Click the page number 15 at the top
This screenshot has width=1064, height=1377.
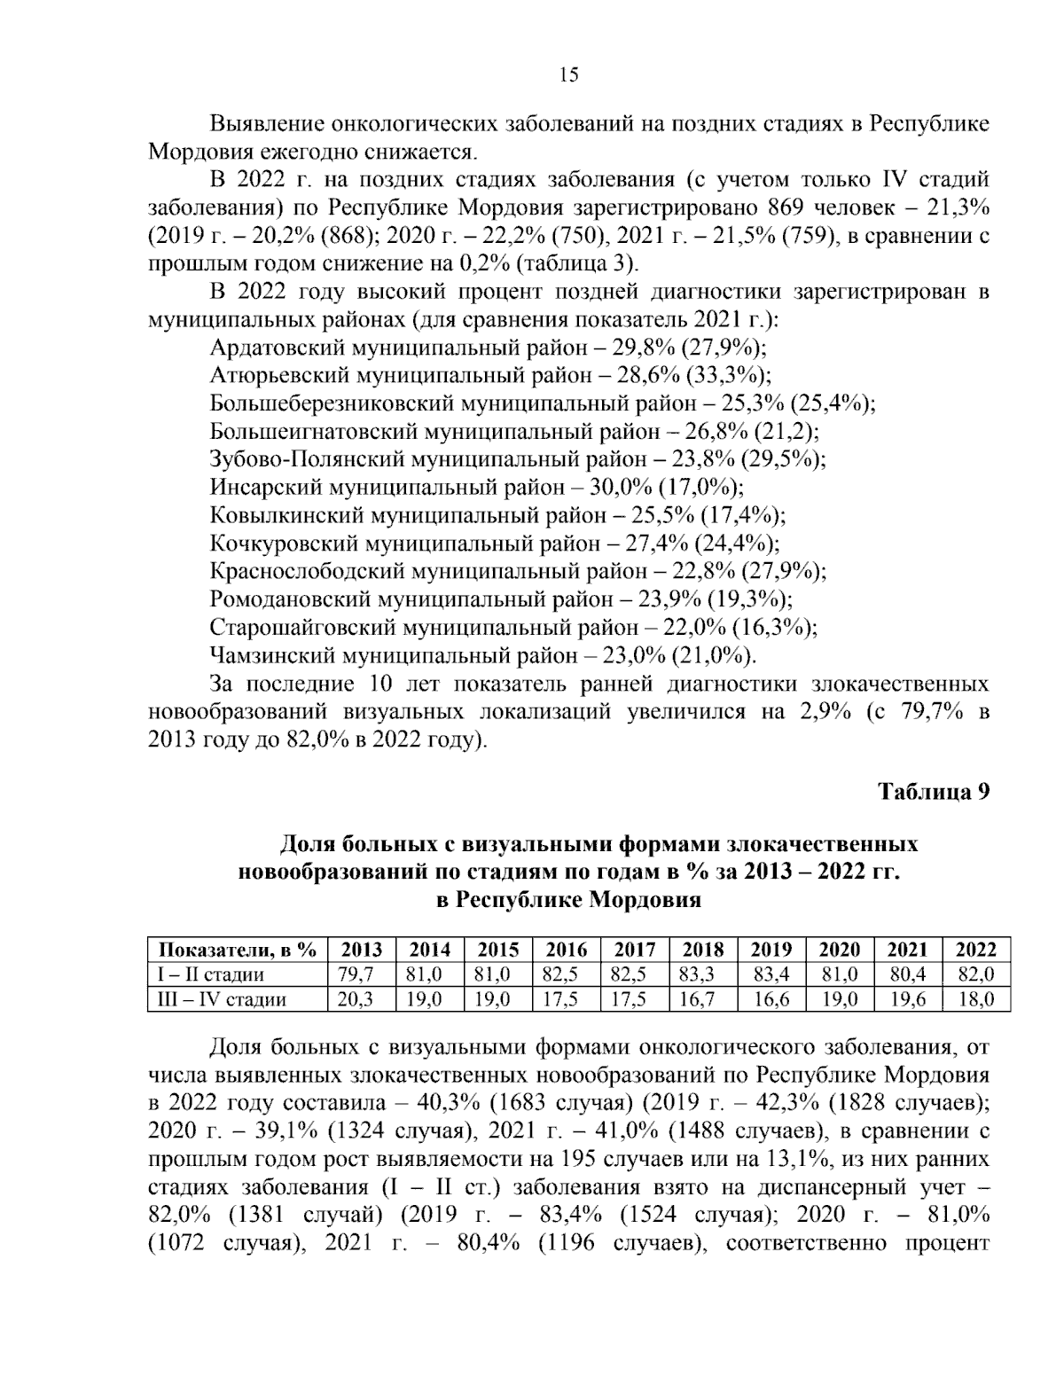click(x=568, y=74)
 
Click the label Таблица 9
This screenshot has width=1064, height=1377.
click(x=933, y=791)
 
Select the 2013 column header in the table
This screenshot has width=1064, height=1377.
click(x=362, y=950)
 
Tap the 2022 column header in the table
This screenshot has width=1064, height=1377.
click(x=976, y=950)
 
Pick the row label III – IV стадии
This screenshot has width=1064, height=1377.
click(x=218, y=999)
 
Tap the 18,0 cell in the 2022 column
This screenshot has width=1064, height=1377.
click(x=976, y=999)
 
